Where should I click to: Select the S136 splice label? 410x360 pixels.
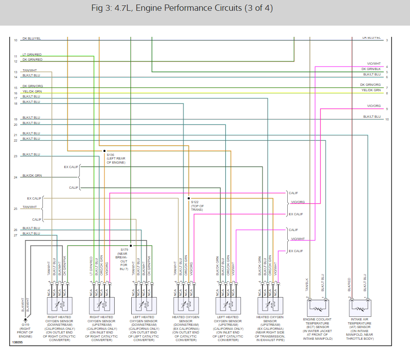[x=111, y=155]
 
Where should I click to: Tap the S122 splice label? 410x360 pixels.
[x=194, y=202]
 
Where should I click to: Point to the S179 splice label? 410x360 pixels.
[x=124, y=249]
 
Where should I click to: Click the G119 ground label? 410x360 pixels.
[x=25, y=324]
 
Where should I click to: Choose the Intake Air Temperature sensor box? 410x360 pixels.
[x=361, y=308]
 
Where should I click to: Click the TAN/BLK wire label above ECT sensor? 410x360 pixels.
[x=307, y=285]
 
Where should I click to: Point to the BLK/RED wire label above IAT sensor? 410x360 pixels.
[x=349, y=285]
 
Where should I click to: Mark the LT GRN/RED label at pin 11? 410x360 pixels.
[x=32, y=54]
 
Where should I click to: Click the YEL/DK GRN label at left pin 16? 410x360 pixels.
[x=32, y=91]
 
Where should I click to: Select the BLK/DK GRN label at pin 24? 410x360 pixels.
[x=32, y=175]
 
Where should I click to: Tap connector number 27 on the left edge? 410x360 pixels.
[x=15, y=236]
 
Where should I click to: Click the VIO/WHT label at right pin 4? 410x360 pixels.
[x=374, y=64]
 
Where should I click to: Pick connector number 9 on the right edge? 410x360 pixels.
[x=387, y=109]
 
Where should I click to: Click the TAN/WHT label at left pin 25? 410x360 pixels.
[x=30, y=207]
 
